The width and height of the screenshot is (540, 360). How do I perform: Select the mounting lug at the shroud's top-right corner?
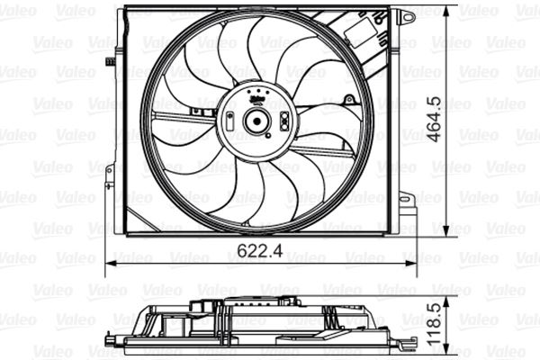click(407, 16)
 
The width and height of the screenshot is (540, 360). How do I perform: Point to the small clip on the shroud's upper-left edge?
click(109, 62)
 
